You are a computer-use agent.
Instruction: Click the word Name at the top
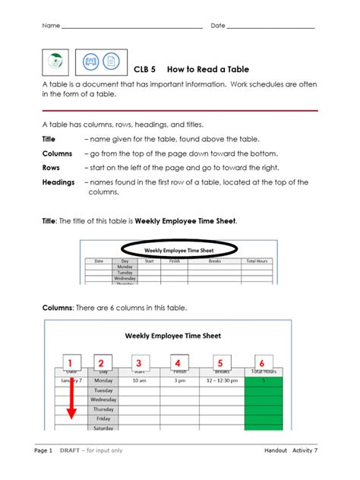[x=51, y=26]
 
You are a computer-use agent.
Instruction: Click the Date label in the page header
[x=218, y=26]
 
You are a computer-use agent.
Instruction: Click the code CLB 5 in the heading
[x=144, y=68]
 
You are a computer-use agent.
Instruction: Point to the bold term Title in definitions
[x=49, y=139]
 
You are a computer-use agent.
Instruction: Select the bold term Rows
[x=51, y=168]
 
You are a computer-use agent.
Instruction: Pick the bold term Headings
[x=58, y=182]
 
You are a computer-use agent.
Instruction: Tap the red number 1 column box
[x=70, y=363]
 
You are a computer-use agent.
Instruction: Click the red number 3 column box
[x=138, y=363]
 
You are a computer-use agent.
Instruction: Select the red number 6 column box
[x=262, y=363]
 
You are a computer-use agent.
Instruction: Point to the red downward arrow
[x=70, y=399]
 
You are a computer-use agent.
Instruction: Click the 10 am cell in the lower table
[x=138, y=381]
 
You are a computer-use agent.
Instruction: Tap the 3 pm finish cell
[x=178, y=381]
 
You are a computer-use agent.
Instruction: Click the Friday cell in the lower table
[x=103, y=418]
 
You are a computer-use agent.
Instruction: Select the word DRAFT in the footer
[x=71, y=451]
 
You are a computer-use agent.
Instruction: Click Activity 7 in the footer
[x=305, y=451]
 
